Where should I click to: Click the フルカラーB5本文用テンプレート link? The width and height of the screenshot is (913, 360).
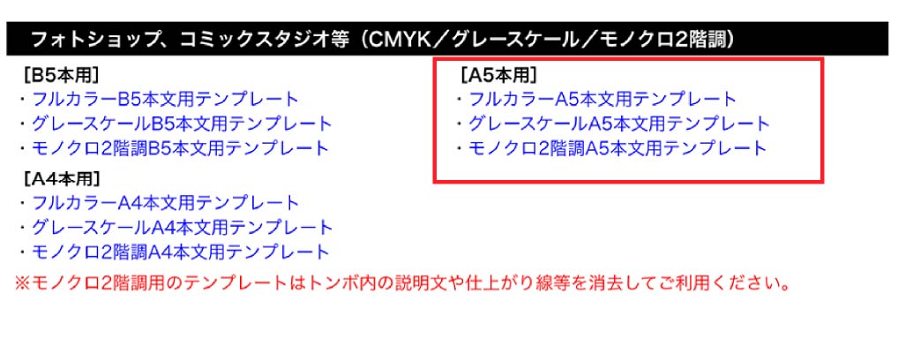tap(165, 99)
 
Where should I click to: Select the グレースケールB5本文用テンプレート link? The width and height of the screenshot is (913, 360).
tap(183, 124)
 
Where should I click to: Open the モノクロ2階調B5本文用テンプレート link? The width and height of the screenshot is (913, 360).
tap(181, 148)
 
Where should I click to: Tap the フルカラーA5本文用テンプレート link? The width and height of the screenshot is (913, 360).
tap(602, 99)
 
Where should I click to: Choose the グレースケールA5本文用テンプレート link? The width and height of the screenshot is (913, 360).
tap(619, 124)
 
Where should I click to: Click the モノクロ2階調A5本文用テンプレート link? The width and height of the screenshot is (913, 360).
tap(618, 148)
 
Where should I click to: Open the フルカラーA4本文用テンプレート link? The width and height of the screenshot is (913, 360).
tap(165, 203)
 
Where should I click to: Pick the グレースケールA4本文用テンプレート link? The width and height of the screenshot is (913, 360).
tap(183, 227)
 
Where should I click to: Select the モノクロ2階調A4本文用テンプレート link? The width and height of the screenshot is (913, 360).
tap(181, 251)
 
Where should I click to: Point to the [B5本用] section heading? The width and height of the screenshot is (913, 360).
tap(61, 75)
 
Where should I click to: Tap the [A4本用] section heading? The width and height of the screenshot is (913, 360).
tap(61, 178)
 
